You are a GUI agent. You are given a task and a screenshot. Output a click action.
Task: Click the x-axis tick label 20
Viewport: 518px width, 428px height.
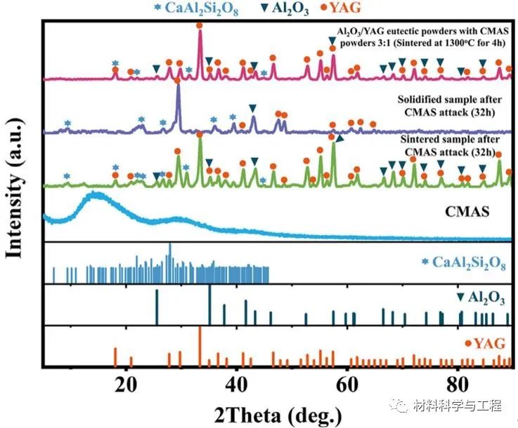127,383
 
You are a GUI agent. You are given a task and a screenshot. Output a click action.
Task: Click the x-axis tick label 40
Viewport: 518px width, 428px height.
238,383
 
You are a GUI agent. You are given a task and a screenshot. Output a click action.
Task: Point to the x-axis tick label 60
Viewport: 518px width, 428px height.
347,383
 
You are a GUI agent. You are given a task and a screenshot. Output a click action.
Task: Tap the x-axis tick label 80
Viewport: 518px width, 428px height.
458,383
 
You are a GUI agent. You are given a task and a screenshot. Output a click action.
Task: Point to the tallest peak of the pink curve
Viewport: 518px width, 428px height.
200,34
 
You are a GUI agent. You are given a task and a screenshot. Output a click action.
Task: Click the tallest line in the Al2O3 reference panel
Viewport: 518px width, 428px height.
209,288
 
